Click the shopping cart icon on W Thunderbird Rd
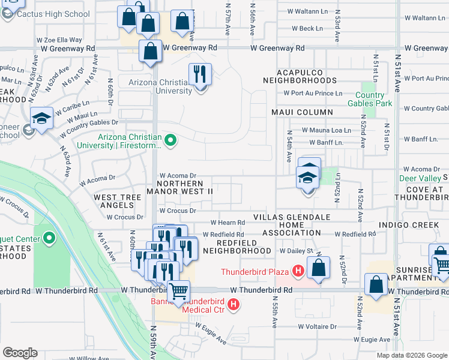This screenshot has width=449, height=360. click(178, 292)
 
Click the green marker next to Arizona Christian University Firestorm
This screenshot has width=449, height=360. click(170, 141)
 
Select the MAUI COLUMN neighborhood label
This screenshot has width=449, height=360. click(301, 112)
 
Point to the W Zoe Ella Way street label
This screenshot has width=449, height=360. click(59, 40)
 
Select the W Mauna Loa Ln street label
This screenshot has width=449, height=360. click(326, 130)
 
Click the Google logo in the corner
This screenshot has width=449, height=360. click(20, 353)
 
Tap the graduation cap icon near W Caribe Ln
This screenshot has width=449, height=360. click(42, 118)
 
